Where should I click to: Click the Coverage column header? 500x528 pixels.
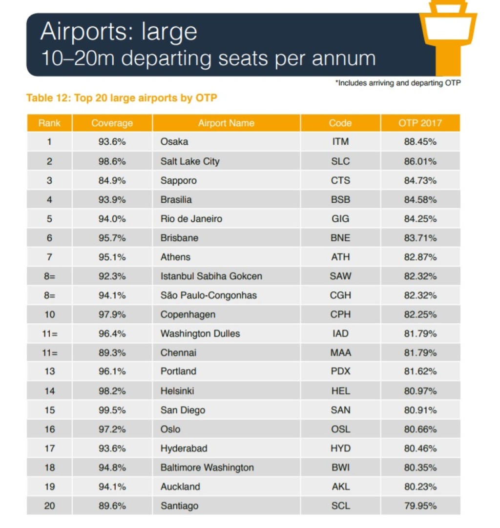pos(112,123)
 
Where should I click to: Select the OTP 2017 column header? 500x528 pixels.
pos(420,123)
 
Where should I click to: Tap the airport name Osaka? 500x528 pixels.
pos(174,142)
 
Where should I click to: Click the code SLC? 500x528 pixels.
pos(340,161)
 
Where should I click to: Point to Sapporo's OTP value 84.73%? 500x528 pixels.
pos(420,180)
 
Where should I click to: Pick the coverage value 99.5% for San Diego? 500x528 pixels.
pos(112,410)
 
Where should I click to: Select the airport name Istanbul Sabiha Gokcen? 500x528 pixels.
pos(211,276)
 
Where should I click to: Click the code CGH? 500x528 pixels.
pos(340,295)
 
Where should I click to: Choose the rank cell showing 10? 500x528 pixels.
pos(49,314)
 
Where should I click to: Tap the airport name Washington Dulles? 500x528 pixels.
pos(200,333)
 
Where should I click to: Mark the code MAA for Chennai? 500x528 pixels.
pos(340,352)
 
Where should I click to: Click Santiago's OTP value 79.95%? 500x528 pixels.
pos(420,506)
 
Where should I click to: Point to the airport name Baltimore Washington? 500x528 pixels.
pos(207,468)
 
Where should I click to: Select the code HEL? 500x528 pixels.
pos(340,391)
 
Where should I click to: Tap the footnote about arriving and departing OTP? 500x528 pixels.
pos(397,83)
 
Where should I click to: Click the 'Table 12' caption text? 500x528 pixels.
pos(122,98)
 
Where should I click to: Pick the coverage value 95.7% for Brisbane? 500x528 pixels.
pos(112,238)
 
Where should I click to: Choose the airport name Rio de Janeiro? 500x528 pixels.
pos(191,219)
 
